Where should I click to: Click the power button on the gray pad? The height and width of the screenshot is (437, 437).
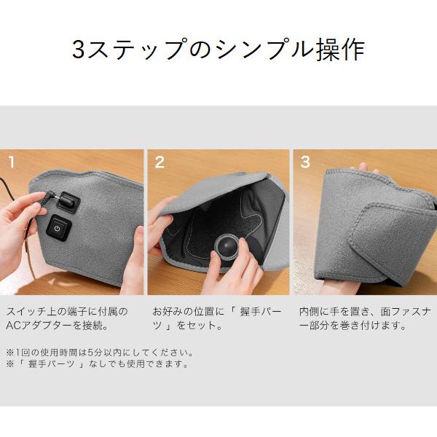(58, 229)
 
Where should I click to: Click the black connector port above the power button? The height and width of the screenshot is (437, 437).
(68, 202)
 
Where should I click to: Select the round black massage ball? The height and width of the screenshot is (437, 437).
(226, 246)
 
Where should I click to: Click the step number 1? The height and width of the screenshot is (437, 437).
(12, 162)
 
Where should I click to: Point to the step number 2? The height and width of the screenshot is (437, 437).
(160, 162)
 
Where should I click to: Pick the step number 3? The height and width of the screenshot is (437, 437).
(305, 162)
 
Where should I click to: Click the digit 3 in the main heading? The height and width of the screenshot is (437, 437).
(79, 50)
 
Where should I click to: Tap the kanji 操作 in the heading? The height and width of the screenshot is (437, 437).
(340, 50)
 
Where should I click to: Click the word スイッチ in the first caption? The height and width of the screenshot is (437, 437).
(26, 311)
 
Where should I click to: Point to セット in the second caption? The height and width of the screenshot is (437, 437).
(196, 326)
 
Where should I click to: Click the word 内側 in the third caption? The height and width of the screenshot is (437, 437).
(310, 311)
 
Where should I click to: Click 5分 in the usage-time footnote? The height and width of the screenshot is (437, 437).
(95, 353)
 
